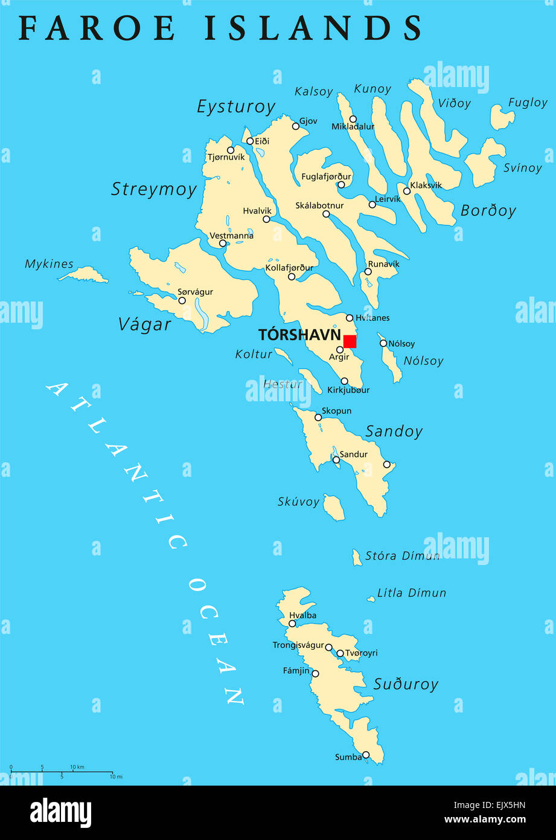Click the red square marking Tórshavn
coord(350,341)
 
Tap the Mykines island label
coord(49,264)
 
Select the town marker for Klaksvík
coord(407,191)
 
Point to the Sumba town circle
coord(366,755)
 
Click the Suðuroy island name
coord(406,684)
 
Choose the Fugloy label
coord(528,103)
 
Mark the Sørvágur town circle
coord(182,300)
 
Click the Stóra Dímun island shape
coord(357,557)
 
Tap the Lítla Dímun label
coord(412,593)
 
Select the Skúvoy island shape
coord(333,507)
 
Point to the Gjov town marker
coord(296,126)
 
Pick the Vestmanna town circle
coord(223,244)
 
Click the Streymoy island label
coord(154,189)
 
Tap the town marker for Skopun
coord(318,418)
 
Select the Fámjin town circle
coord(315,674)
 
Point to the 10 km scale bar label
coord(77,767)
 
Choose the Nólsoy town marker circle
coord(383,343)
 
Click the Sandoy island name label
coord(394,431)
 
